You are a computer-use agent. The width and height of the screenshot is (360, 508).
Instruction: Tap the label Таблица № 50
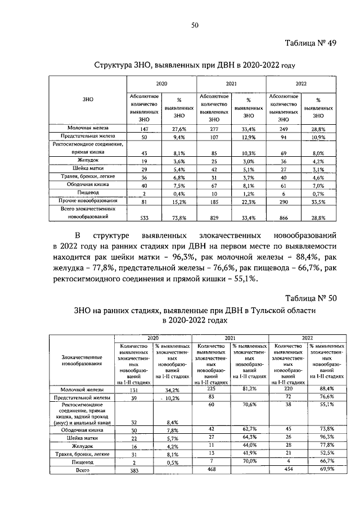pos(310,298)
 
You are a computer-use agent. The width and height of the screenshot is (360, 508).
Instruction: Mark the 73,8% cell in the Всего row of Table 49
pos(178,216)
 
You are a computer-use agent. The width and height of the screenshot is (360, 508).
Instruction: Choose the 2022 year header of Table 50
pos(307,338)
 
